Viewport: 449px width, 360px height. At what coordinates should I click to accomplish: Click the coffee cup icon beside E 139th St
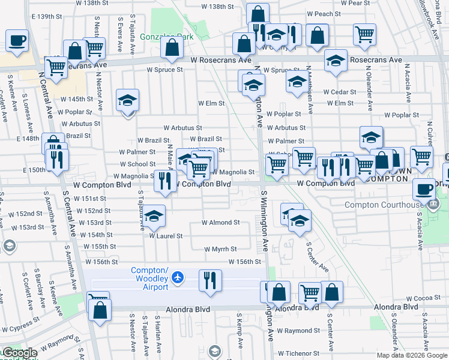click(x=17, y=41)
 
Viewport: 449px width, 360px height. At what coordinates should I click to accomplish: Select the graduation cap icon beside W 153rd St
click(x=154, y=217)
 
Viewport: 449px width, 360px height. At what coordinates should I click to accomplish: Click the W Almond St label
click(x=220, y=222)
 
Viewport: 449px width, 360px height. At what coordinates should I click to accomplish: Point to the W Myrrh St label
click(x=220, y=249)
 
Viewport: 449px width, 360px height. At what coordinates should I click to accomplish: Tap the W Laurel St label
click(x=166, y=236)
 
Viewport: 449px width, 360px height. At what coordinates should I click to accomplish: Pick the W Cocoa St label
click(x=423, y=298)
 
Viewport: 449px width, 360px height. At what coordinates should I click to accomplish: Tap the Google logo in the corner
click(x=19, y=353)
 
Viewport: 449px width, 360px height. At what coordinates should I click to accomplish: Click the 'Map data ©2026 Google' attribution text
click(x=411, y=355)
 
